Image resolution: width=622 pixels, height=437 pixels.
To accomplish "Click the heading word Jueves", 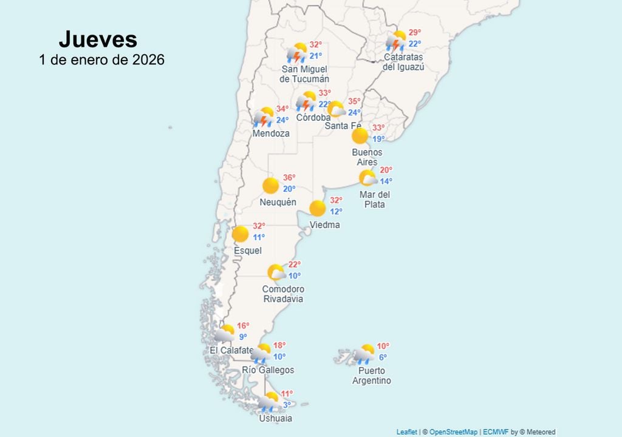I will tap(98, 39).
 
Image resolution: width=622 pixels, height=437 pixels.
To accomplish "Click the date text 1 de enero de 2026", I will tap(101, 60).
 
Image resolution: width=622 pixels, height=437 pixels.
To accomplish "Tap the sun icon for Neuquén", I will tap(271, 186).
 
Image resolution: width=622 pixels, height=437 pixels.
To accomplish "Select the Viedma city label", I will tap(325, 225).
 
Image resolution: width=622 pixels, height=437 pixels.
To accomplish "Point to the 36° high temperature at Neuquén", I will tap(289, 178).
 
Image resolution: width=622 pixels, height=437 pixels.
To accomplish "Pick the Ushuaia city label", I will tap(275, 418).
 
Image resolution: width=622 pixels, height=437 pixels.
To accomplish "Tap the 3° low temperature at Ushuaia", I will tap(287, 404).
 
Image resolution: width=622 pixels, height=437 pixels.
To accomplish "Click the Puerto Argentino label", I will tap(372, 376).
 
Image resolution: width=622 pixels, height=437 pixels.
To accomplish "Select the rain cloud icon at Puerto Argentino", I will tap(365, 353).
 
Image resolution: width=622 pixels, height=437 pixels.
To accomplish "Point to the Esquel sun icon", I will tap(241, 234).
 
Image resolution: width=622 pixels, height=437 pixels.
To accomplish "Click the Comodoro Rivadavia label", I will tap(283, 294).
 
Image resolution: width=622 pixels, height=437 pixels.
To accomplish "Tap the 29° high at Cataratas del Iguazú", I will tap(414, 33).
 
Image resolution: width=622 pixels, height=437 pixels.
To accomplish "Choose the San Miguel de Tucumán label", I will tap(304, 74).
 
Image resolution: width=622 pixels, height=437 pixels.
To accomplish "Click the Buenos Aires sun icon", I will tap(360, 136).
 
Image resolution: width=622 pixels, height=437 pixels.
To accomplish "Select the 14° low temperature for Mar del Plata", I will tap(386, 181).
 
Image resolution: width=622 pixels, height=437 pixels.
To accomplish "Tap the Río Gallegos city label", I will tap(268, 370).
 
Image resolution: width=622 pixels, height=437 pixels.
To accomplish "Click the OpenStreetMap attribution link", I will tap(454, 432).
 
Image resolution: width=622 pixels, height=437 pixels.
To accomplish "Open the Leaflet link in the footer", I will tap(406, 432).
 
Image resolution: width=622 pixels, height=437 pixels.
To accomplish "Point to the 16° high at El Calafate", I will tap(243, 326).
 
